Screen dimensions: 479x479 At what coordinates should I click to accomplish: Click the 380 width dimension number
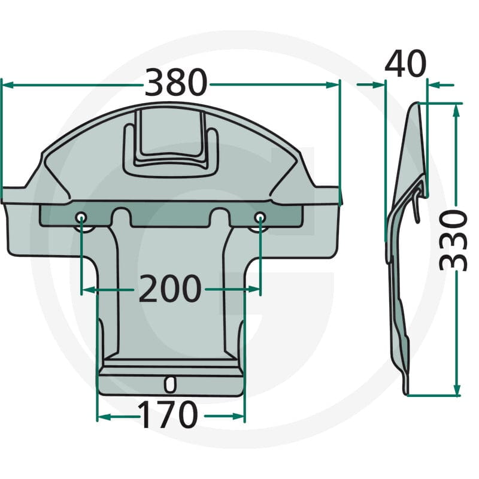click(x=176, y=82)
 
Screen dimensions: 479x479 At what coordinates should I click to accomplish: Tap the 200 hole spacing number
click(x=170, y=289)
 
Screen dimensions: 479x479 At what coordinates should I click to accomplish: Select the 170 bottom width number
click(x=168, y=415)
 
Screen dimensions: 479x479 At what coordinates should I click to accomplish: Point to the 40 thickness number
click(x=405, y=64)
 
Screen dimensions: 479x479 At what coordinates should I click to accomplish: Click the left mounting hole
click(x=81, y=217)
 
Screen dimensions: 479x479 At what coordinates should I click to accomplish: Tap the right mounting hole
click(x=260, y=217)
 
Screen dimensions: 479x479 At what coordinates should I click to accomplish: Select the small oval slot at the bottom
click(x=170, y=384)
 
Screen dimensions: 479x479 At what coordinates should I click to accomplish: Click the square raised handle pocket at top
click(x=171, y=143)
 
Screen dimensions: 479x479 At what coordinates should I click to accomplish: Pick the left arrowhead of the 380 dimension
click(x=8, y=85)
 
